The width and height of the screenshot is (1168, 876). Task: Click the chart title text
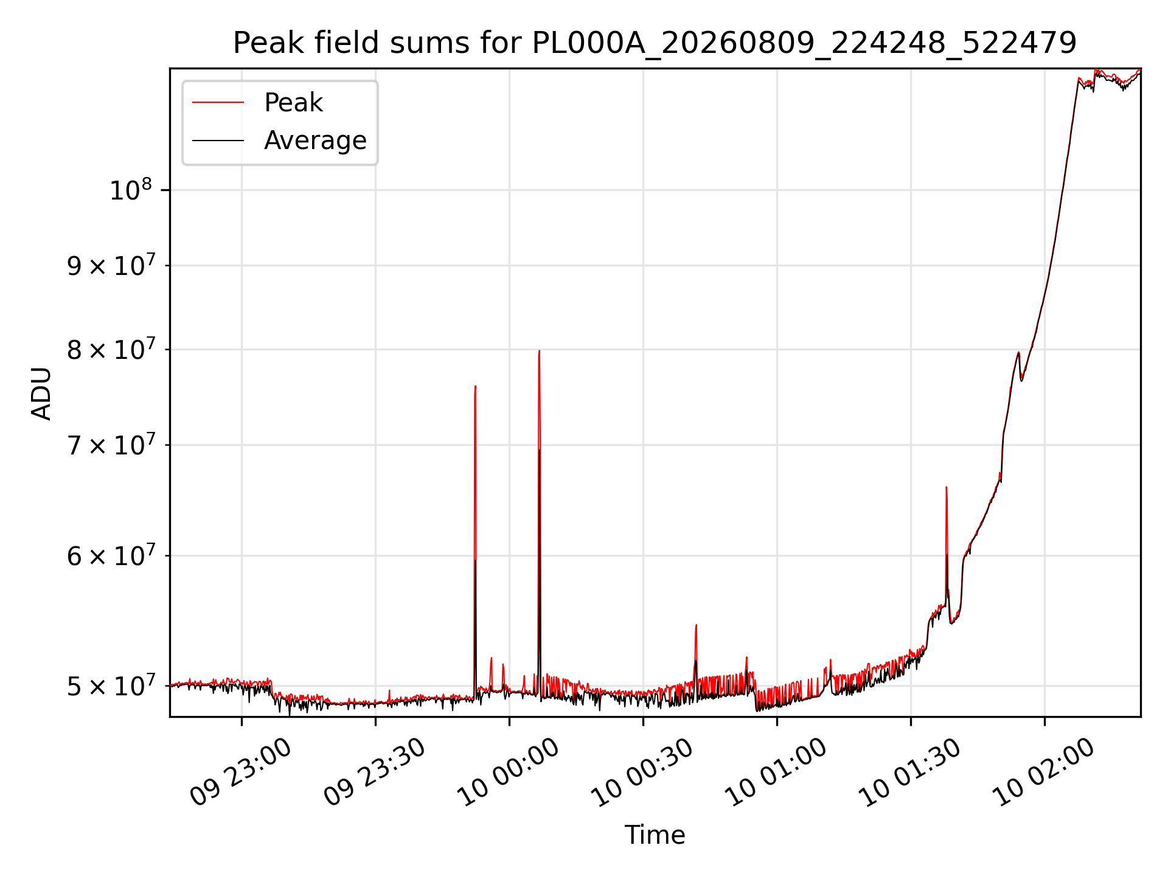point(655,43)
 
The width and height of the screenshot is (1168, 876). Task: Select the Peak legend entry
point(293,102)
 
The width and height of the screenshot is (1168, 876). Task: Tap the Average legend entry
point(315,141)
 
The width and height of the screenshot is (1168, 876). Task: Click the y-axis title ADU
point(41,393)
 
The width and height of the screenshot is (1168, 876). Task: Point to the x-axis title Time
point(655,835)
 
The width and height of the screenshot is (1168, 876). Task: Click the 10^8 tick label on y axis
point(130,190)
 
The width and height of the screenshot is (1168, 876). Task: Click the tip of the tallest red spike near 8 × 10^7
point(539,350)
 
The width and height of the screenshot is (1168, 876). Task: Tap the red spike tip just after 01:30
point(946,487)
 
